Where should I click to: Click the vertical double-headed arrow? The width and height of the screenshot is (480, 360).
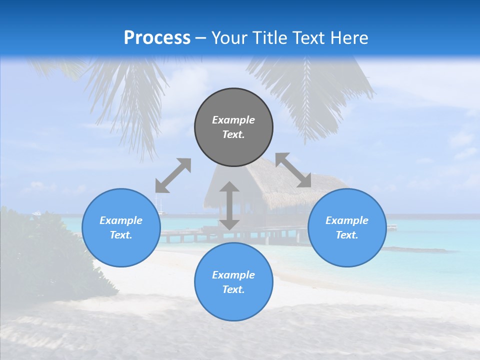click(x=229, y=205)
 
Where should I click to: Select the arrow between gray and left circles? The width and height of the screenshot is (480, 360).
click(x=173, y=175)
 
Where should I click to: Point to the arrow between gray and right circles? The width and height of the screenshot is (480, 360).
click(x=293, y=170)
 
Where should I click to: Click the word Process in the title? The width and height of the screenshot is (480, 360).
click(x=157, y=38)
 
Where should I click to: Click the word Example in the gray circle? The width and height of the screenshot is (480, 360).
click(x=233, y=120)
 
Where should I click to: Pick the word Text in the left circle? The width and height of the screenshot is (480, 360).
click(x=121, y=235)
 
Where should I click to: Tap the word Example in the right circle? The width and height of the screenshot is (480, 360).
click(x=347, y=220)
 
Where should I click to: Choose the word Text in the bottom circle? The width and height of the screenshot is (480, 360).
click(x=233, y=289)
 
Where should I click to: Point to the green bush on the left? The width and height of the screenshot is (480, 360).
click(x=40, y=250)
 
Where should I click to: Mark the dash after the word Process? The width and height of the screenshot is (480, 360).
click(x=201, y=38)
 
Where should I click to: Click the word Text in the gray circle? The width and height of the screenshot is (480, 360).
click(x=233, y=134)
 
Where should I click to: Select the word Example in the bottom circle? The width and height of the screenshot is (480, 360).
click(x=233, y=275)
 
